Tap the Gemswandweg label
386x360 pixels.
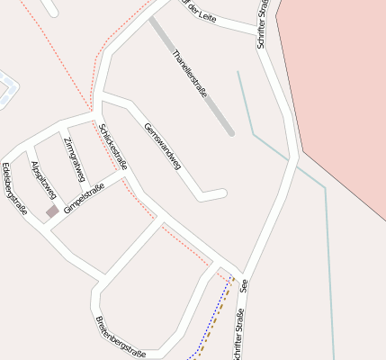[x=163, y=145]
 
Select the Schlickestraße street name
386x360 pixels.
[x=114, y=146]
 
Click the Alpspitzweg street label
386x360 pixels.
[x=43, y=180]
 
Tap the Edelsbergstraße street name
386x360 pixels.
[x=14, y=190]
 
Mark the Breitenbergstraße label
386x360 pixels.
[x=120, y=337]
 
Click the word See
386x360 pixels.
[x=244, y=285]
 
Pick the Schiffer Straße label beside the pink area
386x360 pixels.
[x=263, y=24]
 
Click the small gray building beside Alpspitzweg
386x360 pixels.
[x=52, y=211]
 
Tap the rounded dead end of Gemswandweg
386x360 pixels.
[x=220, y=193]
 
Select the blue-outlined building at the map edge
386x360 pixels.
[x=6, y=88]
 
